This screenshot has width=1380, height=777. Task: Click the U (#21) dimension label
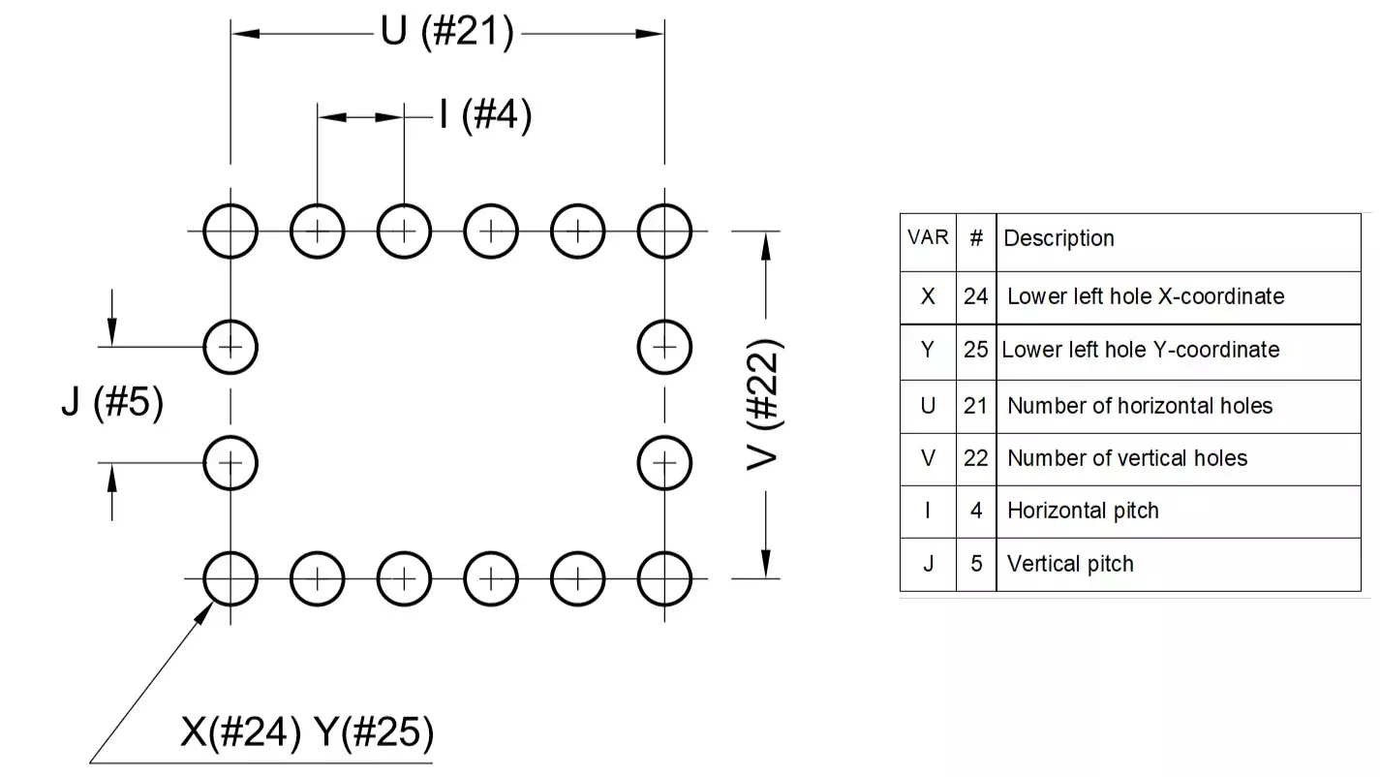point(445,33)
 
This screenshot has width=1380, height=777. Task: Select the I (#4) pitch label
point(485,117)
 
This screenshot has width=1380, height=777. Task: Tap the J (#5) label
point(112,403)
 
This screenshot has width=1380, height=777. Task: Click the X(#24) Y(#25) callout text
point(306,733)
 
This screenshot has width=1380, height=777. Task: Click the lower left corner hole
point(230,578)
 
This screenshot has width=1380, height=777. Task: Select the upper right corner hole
point(664,232)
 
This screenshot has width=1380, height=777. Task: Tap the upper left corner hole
point(230,232)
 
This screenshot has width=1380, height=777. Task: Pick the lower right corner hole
point(664,578)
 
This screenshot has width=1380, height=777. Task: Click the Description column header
point(1058,238)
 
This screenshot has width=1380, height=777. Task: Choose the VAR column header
point(927,236)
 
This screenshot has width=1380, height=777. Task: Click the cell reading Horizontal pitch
point(1083,511)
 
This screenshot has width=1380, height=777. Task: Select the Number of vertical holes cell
point(1127,458)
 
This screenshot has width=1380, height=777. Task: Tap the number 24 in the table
point(975,296)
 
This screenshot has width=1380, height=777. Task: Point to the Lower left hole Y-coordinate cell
point(1141,350)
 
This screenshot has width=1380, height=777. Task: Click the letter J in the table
point(927,564)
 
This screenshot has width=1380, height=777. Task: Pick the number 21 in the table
point(975,406)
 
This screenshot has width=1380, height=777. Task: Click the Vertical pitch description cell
point(1070,564)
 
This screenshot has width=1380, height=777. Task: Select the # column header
point(975,237)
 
